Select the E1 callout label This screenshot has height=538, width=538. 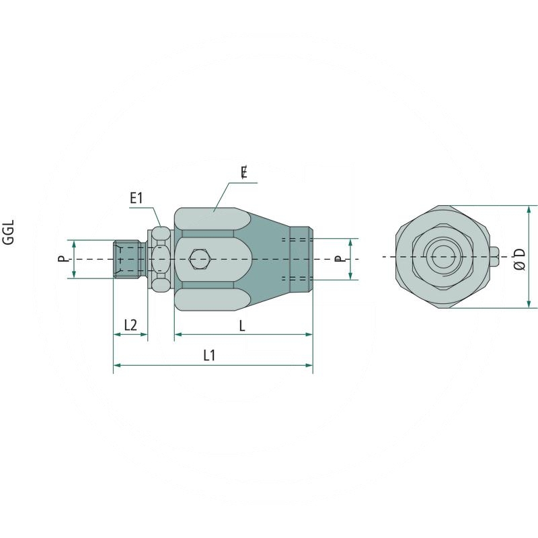(x=137, y=198)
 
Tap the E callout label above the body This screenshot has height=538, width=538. (x=244, y=173)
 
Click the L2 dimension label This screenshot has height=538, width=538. (x=130, y=325)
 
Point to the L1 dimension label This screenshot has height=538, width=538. (x=209, y=356)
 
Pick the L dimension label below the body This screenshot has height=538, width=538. (x=242, y=325)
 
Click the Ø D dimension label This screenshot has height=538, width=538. (x=518, y=259)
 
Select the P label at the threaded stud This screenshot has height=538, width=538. (x=61, y=258)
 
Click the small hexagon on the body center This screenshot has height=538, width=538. (x=200, y=258)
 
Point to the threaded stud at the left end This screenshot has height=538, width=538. (x=128, y=258)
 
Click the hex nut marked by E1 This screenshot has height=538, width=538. (x=160, y=258)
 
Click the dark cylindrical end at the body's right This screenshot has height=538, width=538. (x=299, y=259)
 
